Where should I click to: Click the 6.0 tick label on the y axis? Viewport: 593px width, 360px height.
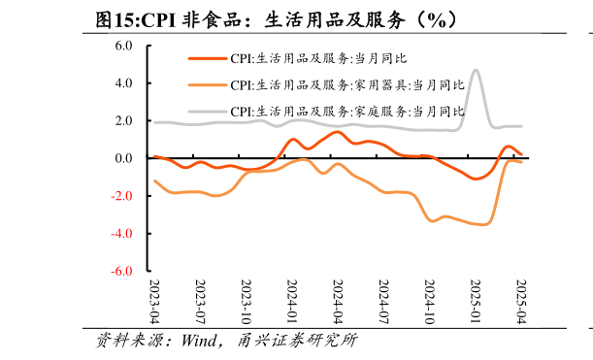[123, 46]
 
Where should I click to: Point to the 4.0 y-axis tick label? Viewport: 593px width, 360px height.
[123, 83]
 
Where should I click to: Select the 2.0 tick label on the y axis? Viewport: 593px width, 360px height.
[123, 121]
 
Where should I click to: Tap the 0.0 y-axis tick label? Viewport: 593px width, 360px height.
[123, 159]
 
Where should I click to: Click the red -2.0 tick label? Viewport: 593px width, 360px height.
[121, 197]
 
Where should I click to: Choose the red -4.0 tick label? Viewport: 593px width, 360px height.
[121, 235]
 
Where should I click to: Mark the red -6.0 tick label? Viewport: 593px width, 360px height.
[121, 273]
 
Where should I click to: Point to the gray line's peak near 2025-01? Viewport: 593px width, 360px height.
[476, 70]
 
